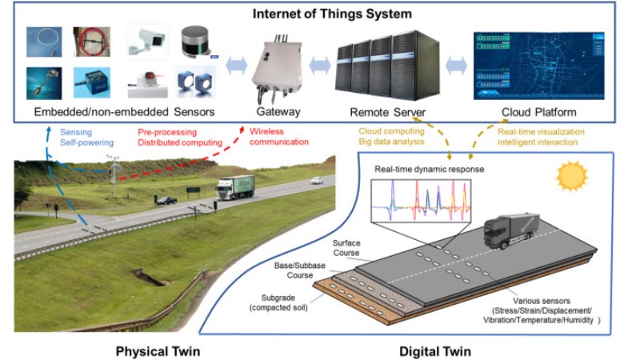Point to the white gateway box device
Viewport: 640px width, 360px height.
276,68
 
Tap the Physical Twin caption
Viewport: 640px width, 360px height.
158,350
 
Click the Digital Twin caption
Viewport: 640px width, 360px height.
437,350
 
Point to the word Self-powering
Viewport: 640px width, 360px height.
86,142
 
